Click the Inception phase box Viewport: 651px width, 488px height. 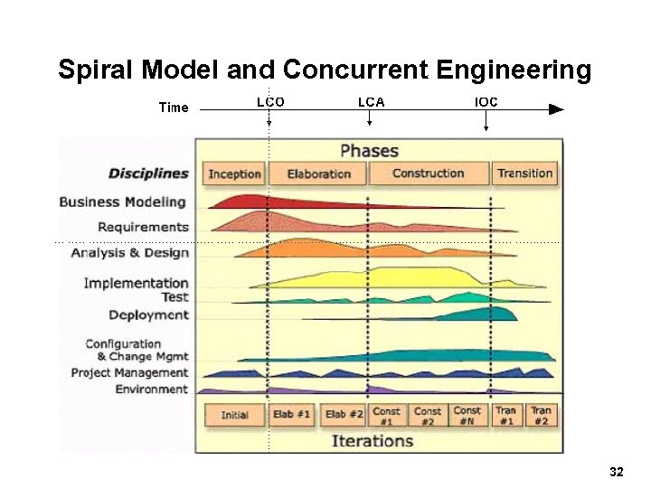234,174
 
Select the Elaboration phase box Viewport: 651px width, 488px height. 318,174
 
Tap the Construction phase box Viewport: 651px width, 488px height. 429,174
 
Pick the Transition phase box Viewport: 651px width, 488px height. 524,174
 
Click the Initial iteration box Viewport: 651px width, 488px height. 234,416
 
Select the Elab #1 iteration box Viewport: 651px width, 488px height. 292,416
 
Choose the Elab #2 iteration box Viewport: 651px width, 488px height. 344,416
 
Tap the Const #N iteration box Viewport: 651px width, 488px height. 467,416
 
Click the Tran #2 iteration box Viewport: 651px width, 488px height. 541,416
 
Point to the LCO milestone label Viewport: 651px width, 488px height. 270,102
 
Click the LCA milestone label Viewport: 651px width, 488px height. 371,102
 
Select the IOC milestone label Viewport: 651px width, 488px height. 486,102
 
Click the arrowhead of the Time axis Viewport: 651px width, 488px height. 556,109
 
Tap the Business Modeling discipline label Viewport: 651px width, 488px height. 122,202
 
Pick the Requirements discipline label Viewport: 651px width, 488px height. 143,227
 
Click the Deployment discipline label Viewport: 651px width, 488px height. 148,315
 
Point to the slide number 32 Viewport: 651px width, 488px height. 617,472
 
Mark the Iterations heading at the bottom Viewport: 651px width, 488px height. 372,441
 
